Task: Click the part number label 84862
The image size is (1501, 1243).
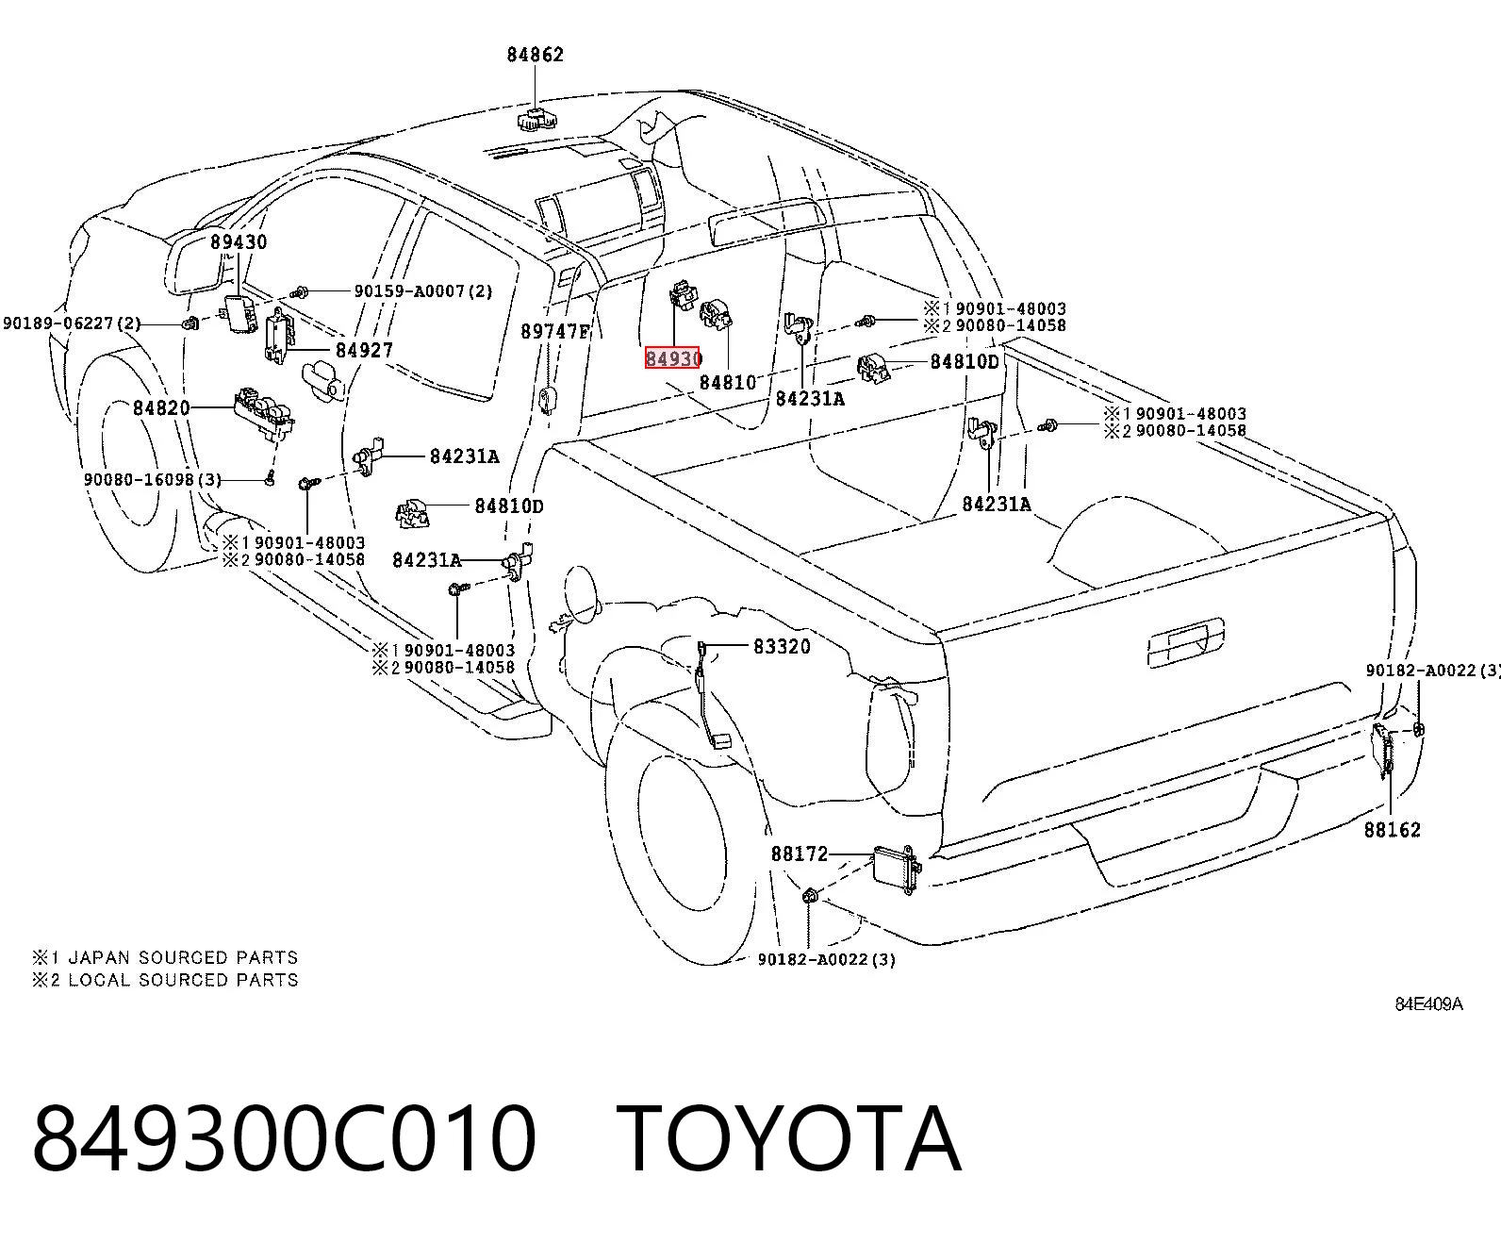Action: pos(535,55)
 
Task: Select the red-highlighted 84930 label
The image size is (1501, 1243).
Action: pos(673,357)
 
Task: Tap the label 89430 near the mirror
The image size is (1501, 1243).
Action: pos(239,241)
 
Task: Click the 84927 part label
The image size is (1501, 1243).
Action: pos(365,350)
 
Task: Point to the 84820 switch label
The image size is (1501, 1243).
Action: pos(162,407)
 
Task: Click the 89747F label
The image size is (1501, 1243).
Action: pos(555,331)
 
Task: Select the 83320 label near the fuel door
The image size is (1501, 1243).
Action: pos(783,647)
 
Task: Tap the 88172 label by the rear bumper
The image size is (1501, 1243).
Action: pos(800,854)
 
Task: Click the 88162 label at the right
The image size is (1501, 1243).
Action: pos(1393,830)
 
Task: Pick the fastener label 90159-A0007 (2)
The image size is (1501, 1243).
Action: pos(423,291)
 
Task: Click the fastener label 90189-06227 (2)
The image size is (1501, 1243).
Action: pos(72,323)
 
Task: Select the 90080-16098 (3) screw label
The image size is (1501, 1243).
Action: pos(153,480)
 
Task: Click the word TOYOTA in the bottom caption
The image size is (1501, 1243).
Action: pos(788,1139)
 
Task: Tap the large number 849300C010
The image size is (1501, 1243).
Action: pos(284,1139)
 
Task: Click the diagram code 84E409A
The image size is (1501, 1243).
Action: pos(1429,1004)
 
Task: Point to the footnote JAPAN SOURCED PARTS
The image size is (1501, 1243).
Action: pos(183,957)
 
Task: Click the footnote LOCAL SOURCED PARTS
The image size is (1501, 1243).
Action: pos(183,980)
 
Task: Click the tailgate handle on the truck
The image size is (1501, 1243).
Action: pos(1186,641)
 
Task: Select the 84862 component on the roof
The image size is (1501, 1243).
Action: pos(536,119)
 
